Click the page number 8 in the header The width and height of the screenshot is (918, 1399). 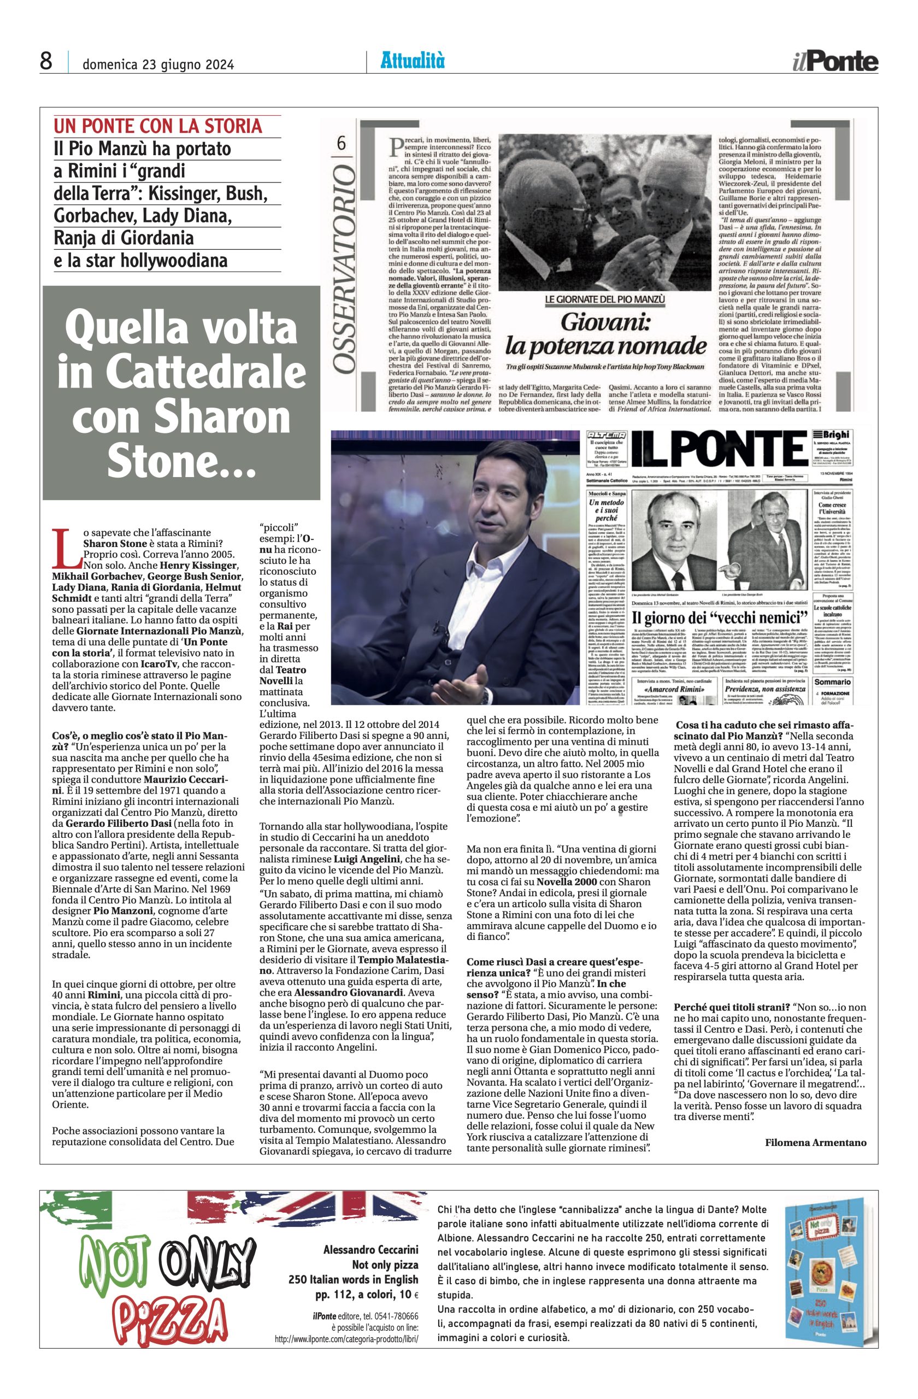click(x=46, y=62)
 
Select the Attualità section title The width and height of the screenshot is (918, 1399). click(x=413, y=61)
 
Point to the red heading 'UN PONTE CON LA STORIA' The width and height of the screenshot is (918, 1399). click(x=157, y=126)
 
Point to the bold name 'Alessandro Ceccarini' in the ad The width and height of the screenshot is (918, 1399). click(x=370, y=1247)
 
